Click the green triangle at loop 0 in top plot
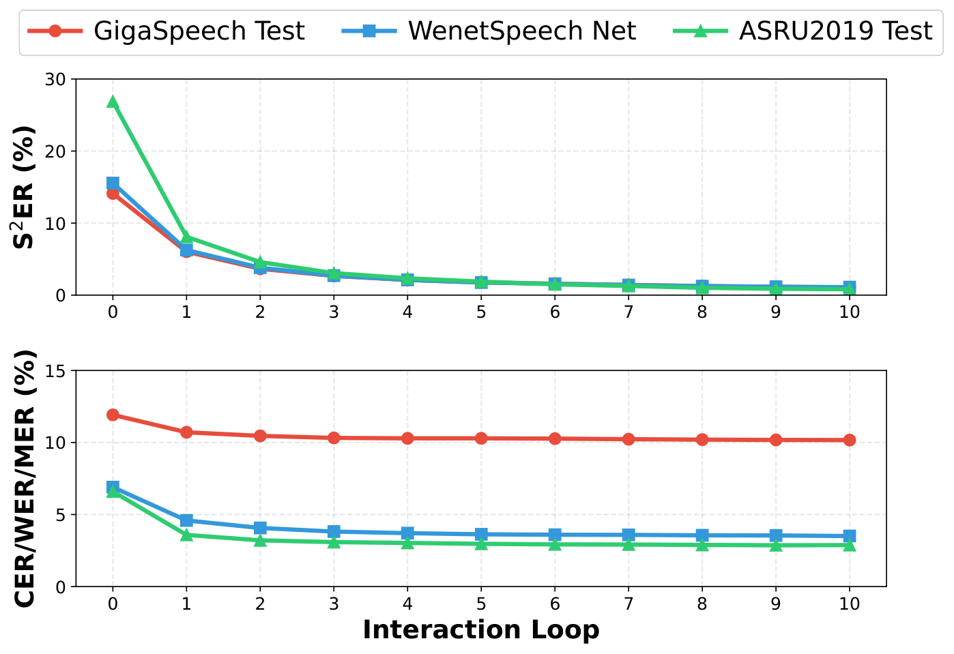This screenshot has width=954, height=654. (x=113, y=102)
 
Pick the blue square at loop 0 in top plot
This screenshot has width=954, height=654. (x=113, y=183)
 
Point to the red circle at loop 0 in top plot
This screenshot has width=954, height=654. (x=113, y=194)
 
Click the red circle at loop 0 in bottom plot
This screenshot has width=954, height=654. (x=113, y=415)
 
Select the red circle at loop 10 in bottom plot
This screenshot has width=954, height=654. (x=849, y=440)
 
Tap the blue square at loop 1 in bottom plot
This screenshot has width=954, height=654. (x=186, y=520)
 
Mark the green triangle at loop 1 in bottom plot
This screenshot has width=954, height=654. (x=186, y=535)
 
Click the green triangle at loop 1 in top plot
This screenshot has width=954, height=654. (x=186, y=237)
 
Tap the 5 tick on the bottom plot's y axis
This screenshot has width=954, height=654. (x=61, y=515)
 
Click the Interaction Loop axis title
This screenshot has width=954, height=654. (x=480, y=629)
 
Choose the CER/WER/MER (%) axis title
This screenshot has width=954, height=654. (x=25, y=478)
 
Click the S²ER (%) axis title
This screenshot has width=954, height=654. (x=25, y=187)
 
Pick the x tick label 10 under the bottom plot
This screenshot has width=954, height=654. (x=849, y=604)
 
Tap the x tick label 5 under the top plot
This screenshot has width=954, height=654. (x=481, y=312)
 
